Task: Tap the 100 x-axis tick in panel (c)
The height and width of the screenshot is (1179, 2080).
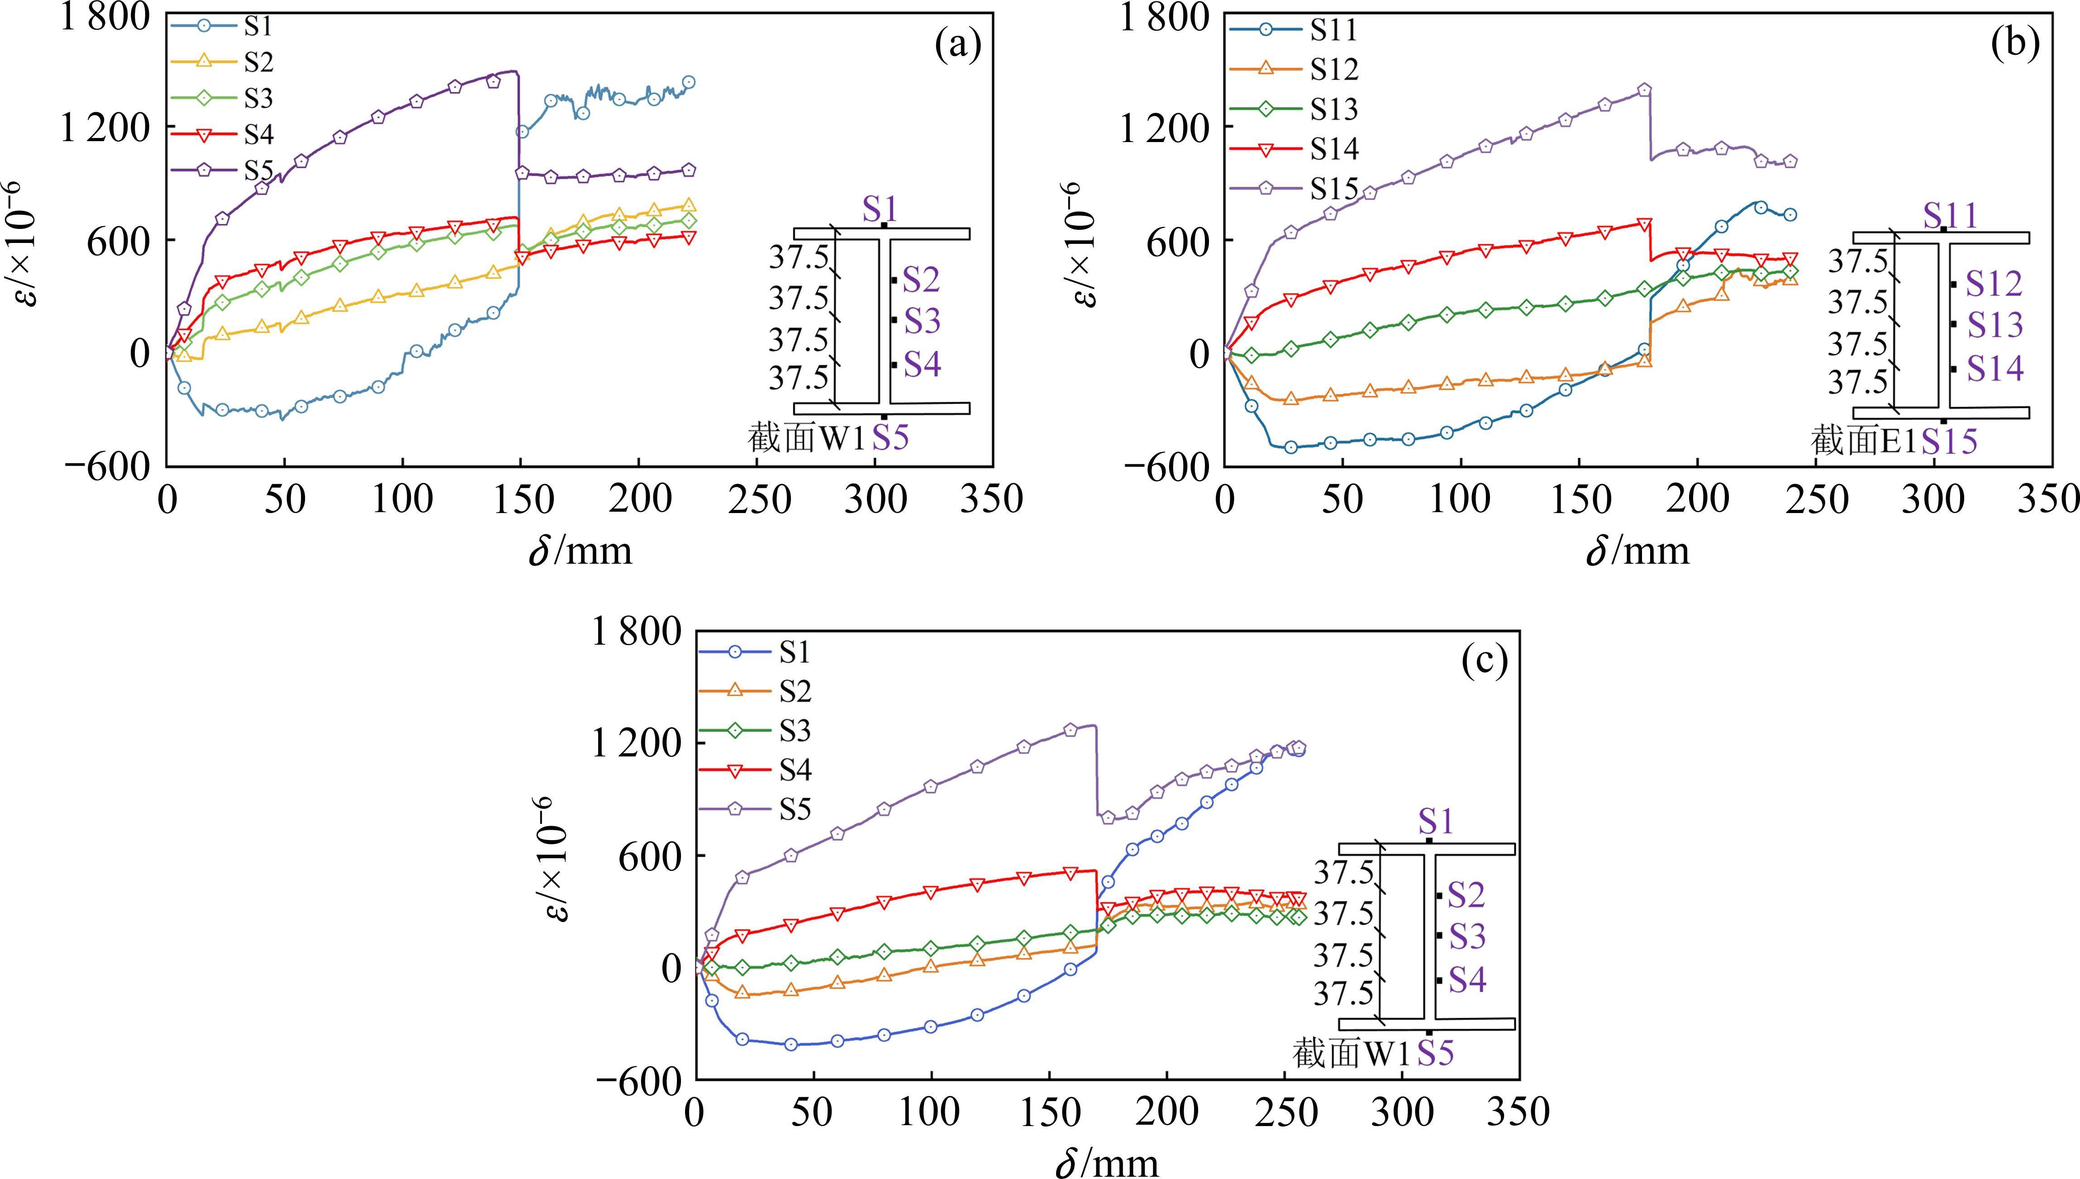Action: coord(931,1112)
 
